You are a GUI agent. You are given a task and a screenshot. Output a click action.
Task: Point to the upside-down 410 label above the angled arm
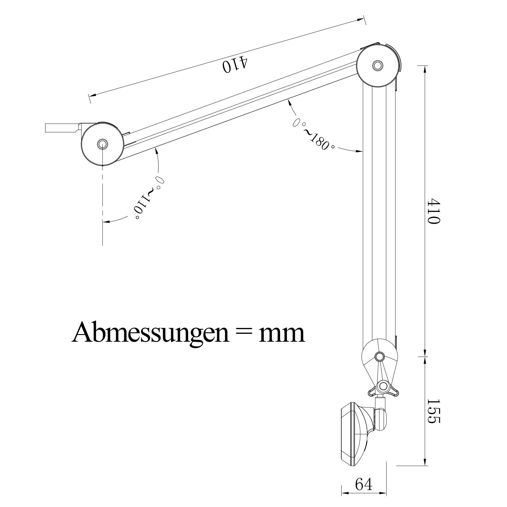pos(235,64)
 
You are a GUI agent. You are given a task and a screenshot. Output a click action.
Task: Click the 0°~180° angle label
pos(314,134)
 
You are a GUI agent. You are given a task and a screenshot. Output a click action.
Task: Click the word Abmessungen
pos(150,332)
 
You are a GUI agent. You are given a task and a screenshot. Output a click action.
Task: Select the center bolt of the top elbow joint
pos(377,65)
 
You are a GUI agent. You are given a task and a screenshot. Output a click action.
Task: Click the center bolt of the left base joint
pos(102,144)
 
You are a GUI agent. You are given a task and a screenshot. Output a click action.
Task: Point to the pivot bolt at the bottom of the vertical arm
pos(380,357)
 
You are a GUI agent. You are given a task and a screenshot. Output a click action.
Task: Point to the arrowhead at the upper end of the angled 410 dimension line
pos(361,19)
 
